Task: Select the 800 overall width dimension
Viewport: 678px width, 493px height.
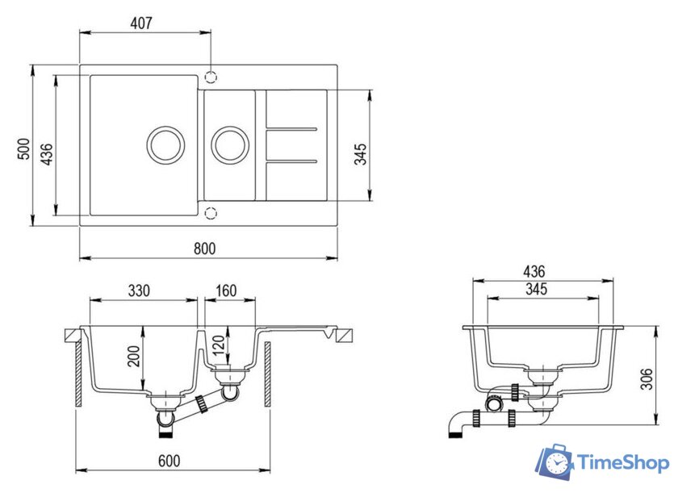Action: point(205,249)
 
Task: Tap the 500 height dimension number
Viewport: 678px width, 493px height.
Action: point(24,150)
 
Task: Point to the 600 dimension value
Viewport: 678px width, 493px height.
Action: point(169,461)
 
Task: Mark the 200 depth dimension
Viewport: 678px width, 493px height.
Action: point(134,356)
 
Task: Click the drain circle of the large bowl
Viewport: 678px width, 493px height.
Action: point(167,144)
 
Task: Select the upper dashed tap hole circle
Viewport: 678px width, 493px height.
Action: point(211,77)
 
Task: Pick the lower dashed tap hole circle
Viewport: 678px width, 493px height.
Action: point(211,213)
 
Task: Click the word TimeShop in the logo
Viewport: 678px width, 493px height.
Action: point(623,463)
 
